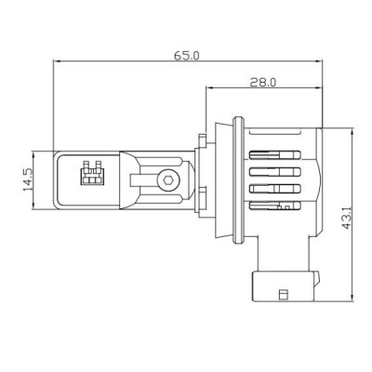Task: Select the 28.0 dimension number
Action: coord(262,83)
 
